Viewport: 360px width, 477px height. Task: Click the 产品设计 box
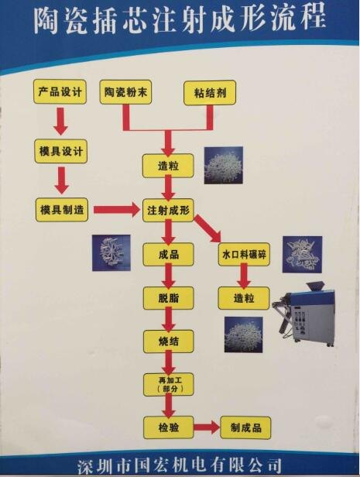click(60, 91)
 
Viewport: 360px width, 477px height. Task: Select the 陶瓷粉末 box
click(125, 92)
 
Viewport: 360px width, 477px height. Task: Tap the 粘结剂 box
click(210, 93)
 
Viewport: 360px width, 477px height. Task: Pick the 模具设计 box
click(61, 151)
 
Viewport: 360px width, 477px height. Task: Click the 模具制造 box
click(62, 210)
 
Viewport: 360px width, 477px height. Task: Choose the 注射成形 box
click(168, 210)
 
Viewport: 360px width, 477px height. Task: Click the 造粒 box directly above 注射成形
click(168, 166)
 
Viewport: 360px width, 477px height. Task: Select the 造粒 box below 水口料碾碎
click(244, 298)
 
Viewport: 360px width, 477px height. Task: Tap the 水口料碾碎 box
click(244, 254)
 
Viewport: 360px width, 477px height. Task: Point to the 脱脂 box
click(169, 298)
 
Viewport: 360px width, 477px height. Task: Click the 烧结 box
click(169, 341)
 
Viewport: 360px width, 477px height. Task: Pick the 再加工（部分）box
click(169, 385)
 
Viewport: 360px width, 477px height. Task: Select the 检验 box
click(169, 427)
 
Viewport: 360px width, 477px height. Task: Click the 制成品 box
click(245, 427)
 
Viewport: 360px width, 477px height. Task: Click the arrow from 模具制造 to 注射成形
click(116, 210)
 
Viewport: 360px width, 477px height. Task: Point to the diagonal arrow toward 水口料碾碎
click(207, 228)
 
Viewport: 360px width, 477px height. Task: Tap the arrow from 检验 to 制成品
click(207, 427)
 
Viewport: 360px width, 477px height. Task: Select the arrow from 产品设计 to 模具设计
click(61, 122)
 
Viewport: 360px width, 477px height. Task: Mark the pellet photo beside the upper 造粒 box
click(224, 165)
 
